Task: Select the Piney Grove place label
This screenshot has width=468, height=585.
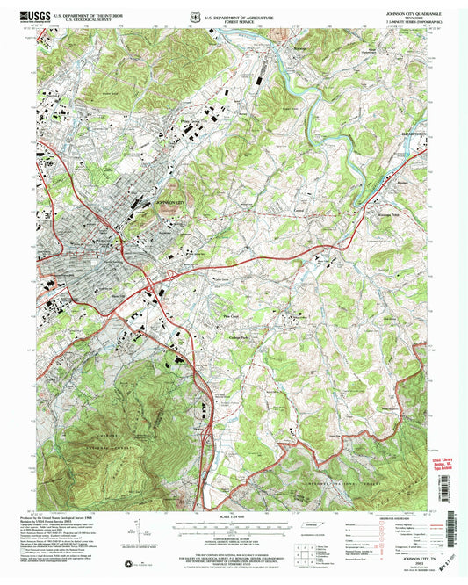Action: point(191,122)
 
